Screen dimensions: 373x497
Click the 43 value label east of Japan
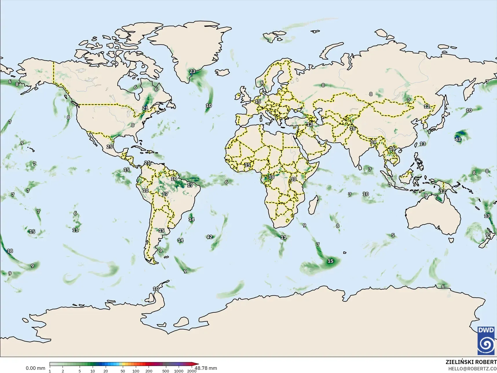(458, 139)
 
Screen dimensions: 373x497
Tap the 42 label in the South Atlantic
(209, 237)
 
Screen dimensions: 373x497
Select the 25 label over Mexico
(109, 147)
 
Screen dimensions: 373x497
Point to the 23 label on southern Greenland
(192, 71)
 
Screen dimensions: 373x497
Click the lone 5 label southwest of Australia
(393, 235)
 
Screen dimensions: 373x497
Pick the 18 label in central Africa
(271, 177)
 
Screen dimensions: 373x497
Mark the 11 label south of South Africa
(283, 237)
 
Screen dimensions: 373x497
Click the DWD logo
(486, 340)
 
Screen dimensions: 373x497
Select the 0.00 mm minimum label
(35, 368)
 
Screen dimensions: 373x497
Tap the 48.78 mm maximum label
(206, 368)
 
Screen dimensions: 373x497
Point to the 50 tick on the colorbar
(123, 371)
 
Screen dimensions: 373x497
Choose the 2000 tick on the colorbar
(191, 371)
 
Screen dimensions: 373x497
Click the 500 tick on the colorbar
(165, 371)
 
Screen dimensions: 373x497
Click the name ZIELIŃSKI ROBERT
(471, 362)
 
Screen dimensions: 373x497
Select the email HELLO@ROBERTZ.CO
(472, 369)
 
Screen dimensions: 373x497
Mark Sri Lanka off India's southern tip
(359, 167)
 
